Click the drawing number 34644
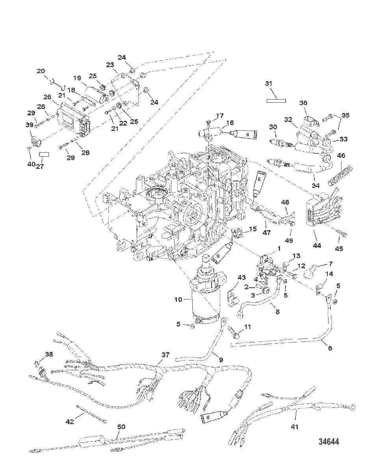[x=329, y=442]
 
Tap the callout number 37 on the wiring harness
[x=165, y=355]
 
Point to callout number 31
[x=268, y=84]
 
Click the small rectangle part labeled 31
[x=275, y=100]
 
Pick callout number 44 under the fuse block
[x=317, y=246]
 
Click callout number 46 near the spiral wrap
[x=341, y=156]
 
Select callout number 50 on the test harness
[x=121, y=427]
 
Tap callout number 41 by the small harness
[x=294, y=427]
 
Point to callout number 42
[x=69, y=422]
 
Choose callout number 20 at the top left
[x=41, y=71]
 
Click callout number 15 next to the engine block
[x=252, y=229]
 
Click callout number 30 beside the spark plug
[x=273, y=127]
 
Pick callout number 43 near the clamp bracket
[x=241, y=278]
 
